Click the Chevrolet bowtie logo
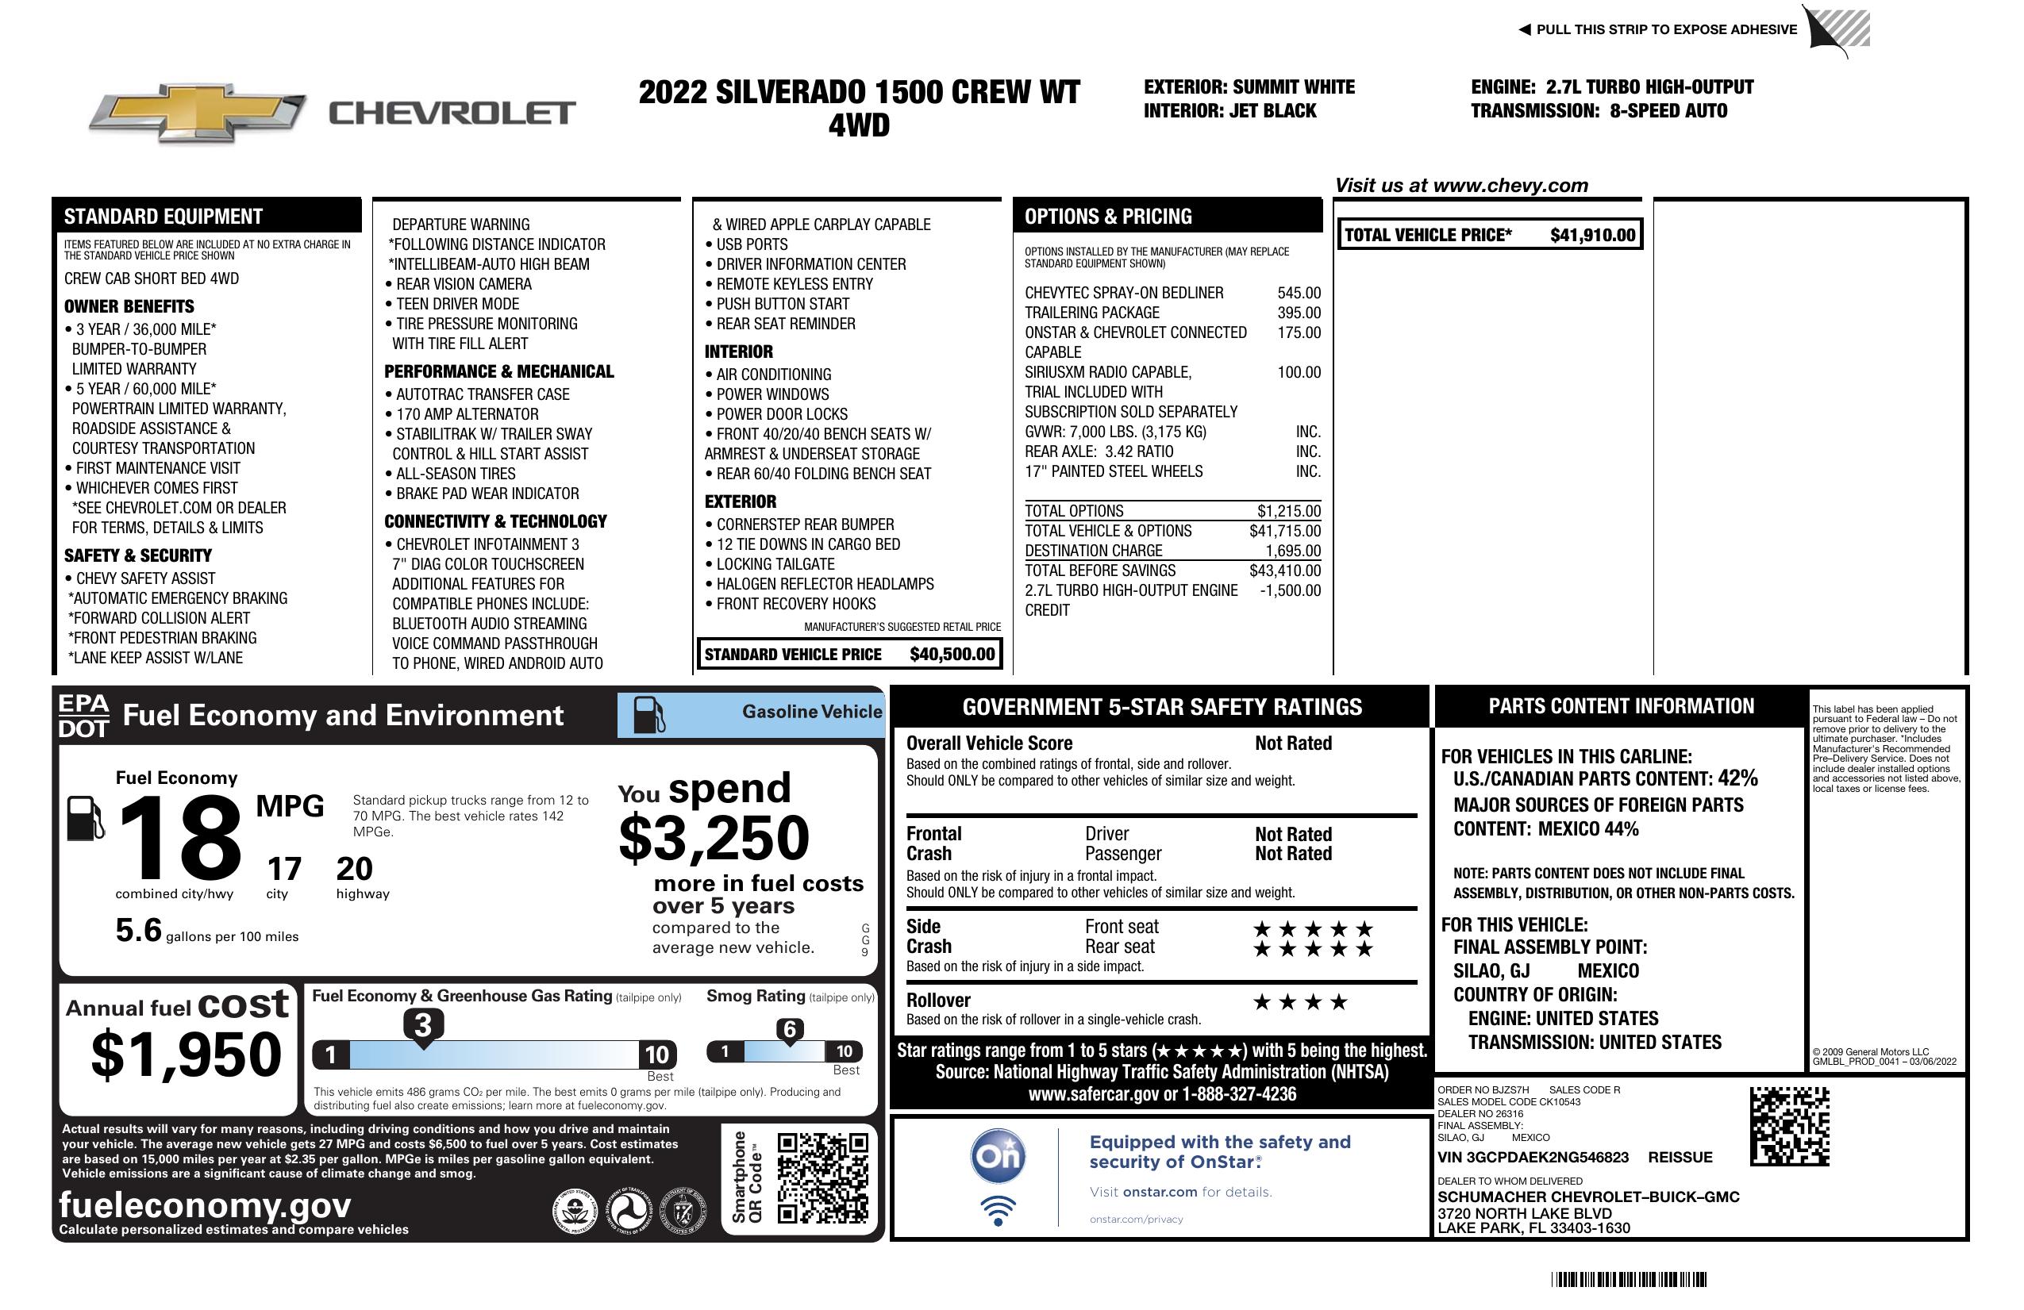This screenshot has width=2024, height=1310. [x=198, y=112]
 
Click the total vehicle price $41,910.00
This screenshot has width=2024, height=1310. [x=1592, y=236]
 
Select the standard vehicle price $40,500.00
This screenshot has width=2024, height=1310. [x=952, y=655]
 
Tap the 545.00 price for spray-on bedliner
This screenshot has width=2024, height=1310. [x=1299, y=294]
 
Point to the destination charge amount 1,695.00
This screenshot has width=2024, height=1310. [x=1293, y=551]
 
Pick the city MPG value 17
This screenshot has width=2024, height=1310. [x=284, y=869]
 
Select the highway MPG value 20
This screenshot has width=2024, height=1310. [x=354, y=869]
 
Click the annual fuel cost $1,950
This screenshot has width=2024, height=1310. [x=187, y=1055]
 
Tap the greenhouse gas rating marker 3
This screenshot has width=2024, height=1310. [x=422, y=1025]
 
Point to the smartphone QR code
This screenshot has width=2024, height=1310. [x=822, y=1177]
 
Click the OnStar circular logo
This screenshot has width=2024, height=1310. [x=999, y=1156]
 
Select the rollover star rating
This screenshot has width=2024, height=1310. [x=1300, y=1002]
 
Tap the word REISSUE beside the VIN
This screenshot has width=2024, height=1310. [x=1680, y=1158]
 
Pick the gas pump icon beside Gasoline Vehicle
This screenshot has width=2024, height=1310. [x=649, y=715]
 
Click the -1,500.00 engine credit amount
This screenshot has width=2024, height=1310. [x=1290, y=591]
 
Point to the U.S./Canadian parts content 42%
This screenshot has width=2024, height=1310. [x=1737, y=778]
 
